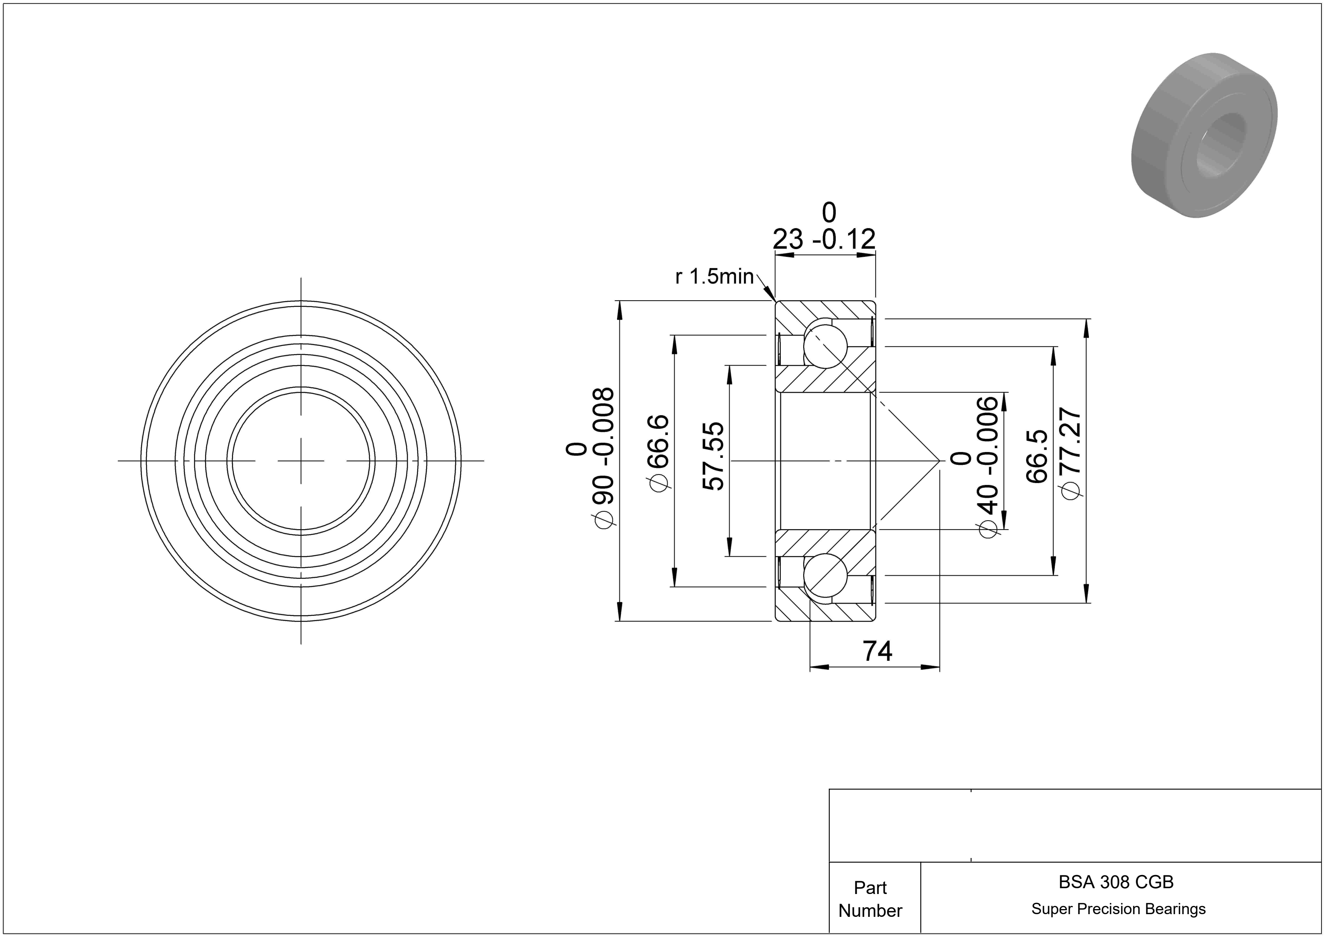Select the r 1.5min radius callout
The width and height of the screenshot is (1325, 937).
pyautogui.click(x=715, y=277)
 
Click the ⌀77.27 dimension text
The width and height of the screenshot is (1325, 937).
pyautogui.click(x=1071, y=454)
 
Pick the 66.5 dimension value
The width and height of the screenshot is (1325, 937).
pyautogui.click(x=1037, y=456)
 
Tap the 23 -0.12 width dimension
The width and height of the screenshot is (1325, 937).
pyautogui.click(x=824, y=239)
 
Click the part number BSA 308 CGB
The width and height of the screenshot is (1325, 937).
pyautogui.click(x=1116, y=882)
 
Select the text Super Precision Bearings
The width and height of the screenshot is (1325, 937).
pyautogui.click(x=1118, y=909)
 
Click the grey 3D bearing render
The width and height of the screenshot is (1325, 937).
pyautogui.click(x=1204, y=135)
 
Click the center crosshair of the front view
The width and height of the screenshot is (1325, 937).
pyautogui.click(x=301, y=461)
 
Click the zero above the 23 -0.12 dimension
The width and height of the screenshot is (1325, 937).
pyautogui.click(x=829, y=213)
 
